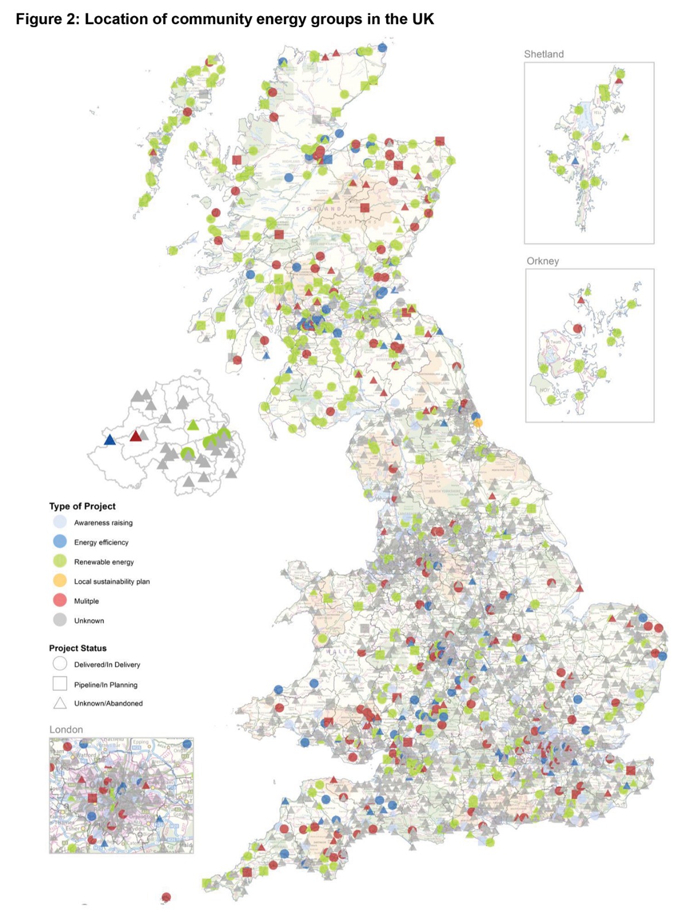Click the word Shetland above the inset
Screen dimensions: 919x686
(x=544, y=54)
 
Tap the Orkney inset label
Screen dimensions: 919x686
(x=542, y=261)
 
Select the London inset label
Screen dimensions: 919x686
(x=66, y=729)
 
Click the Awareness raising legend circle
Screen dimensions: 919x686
(x=60, y=522)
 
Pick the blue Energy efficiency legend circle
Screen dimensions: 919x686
(x=60, y=542)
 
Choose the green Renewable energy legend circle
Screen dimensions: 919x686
(x=60, y=561)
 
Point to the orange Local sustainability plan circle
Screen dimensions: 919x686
(x=60, y=581)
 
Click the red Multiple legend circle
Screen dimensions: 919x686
(x=60, y=600)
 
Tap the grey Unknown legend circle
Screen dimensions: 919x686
(x=60, y=620)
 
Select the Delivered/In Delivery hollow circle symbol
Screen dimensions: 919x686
(x=60, y=664)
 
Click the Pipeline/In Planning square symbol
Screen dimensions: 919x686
(x=60, y=684)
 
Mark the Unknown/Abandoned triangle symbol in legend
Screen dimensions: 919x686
(x=60, y=703)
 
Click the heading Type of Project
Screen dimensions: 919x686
(x=82, y=506)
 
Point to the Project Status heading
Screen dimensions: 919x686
(x=78, y=648)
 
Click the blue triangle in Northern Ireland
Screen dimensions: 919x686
(x=110, y=440)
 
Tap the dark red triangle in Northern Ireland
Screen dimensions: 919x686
(x=136, y=437)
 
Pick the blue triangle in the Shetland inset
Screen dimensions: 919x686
(x=575, y=161)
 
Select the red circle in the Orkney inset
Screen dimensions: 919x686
(x=577, y=329)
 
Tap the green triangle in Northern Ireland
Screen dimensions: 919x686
(x=193, y=425)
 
